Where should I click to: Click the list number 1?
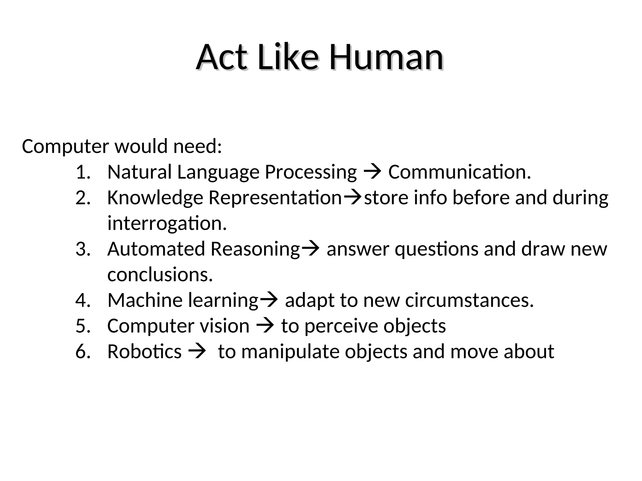point(83,172)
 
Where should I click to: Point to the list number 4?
point(83,300)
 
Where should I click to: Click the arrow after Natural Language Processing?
point(372,172)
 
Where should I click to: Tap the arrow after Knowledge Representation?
point(353,198)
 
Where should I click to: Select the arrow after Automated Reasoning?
point(310,249)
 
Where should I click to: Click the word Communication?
point(460,172)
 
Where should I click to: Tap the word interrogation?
point(167,224)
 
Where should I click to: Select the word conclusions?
point(160,275)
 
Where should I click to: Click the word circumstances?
point(469,300)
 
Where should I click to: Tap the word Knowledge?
point(155,198)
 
